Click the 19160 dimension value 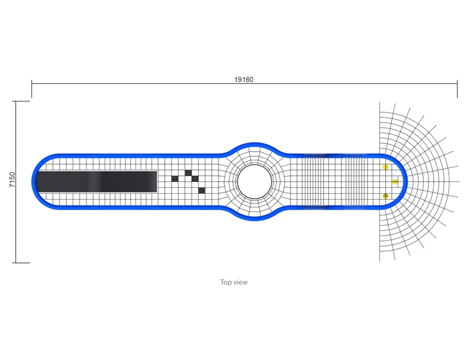pyautogui.click(x=243, y=79)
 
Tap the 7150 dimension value pyautogui.click(x=12, y=179)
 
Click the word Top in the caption pyautogui.click(x=225, y=282)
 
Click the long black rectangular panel pyautogui.click(x=97, y=181)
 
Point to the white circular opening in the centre pyautogui.click(x=254, y=181)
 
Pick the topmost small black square pyautogui.click(x=188, y=173)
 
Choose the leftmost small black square pyautogui.click(x=175, y=179)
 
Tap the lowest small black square pyautogui.click(x=202, y=190)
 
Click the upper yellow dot pyautogui.click(x=385, y=167)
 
